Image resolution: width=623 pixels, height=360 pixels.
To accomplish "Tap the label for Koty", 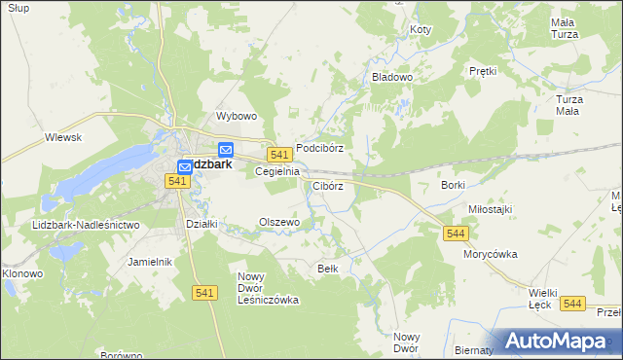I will pyautogui.click(x=421, y=30).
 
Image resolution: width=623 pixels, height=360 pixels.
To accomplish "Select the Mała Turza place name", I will pyautogui.click(x=564, y=28).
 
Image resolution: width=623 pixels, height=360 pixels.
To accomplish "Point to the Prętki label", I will pyautogui.click(x=483, y=71).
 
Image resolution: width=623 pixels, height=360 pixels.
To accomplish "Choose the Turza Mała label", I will pyautogui.click(x=575, y=105).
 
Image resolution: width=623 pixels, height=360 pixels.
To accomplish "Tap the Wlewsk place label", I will pyautogui.click(x=62, y=137).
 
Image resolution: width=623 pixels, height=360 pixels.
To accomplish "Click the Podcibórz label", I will pyautogui.click(x=320, y=148).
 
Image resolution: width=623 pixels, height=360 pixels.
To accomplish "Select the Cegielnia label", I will pyautogui.click(x=276, y=170).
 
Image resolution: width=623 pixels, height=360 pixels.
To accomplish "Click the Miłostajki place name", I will pyautogui.click(x=490, y=209).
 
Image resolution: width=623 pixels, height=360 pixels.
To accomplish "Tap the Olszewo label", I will pyautogui.click(x=278, y=222).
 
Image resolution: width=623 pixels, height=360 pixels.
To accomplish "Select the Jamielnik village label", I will pyautogui.click(x=150, y=262).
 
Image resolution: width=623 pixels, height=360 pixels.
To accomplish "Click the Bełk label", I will pyautogui.click(x=328, y=268).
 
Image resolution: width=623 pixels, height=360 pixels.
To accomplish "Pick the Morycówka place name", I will pyautogui.click(x=490, y=254).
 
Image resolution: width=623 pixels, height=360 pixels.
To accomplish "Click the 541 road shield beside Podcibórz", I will pyautogui.click(x=280, y=155).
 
